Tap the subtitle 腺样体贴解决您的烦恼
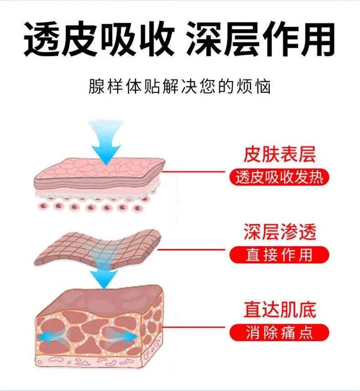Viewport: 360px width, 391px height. tap(180, 86)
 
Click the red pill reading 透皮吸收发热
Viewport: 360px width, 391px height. tap(279, 177)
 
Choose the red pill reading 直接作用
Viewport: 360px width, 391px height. tap(279, 255)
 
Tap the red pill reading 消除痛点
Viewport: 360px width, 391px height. tap(279, 332)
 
